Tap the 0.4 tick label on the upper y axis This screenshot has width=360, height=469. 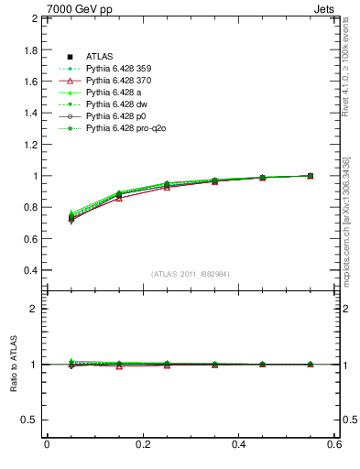coord(30,271)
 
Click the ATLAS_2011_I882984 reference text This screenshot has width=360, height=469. coord(191,274)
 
